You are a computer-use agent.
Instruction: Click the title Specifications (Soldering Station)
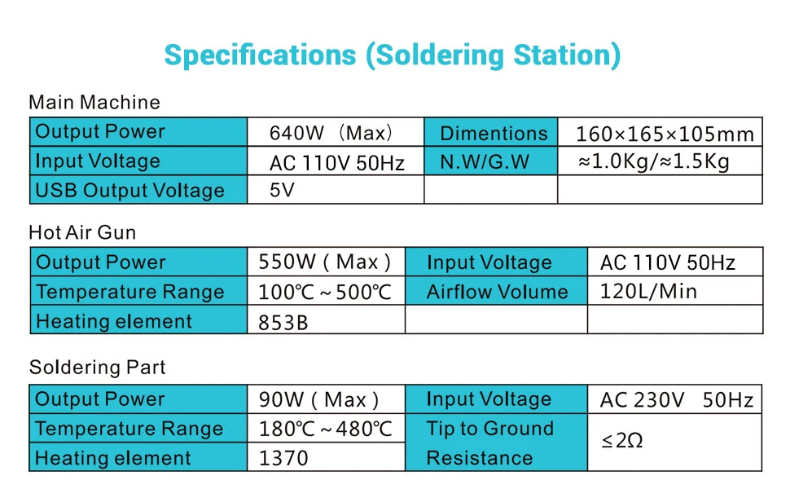pyautogui.click(x=392, y=55)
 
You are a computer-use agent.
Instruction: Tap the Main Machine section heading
pyautogui.click(x=94, y=103)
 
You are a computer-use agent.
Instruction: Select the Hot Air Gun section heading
pyautogui.click(x=82, y=232)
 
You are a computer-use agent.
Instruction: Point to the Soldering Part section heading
pyautogui.click(x=97, y=367)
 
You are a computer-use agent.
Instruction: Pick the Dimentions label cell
pyautogui.click(x=491, y=132)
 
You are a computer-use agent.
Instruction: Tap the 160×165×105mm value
pyautogui.click(x=665, y=134)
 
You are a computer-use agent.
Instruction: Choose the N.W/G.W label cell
pyautogui.click(x=491, y=161)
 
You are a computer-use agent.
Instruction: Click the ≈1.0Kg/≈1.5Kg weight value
pyautogui.click(x=653, y=161)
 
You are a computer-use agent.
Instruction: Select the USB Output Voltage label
pyautogui.click(x=130, y=191)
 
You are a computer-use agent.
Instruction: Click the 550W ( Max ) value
pyautogui.click(x=324, y=262)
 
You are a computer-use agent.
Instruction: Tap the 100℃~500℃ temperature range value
pyautogui.click(x=324, y=292)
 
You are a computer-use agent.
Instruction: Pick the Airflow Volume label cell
pyautogui.click(x=496, y=290)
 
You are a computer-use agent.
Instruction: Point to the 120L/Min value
pyautogui.click(x=648, y=292)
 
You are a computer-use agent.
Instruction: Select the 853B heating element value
pyautogui.click(x=283, y=323)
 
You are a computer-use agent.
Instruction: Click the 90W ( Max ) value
pyautogui.click(x=318, y=400)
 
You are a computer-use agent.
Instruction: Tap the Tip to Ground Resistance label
pyautogui.click(x=489, y=443)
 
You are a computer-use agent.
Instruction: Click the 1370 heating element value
pyautogui.click(x=283, y=458)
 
